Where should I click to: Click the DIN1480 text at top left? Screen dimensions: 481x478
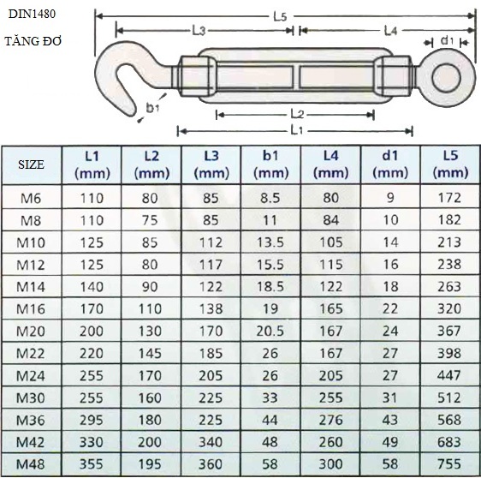[x=32, y=14]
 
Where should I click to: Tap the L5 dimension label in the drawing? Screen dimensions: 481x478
[x=280, y=17]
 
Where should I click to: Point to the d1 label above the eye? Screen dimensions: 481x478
[x=447, y=40]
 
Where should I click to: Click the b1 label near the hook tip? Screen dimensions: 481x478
[x=152, y=108]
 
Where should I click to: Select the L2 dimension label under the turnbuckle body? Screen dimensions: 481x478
[x=297, y=114]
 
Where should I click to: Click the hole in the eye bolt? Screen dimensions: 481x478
[x=446, y=77]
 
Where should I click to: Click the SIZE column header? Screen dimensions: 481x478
[x=31, y=164]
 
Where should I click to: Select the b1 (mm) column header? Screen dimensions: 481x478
[x=270, y=164]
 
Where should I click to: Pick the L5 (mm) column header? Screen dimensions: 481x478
[x=450, y=164]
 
